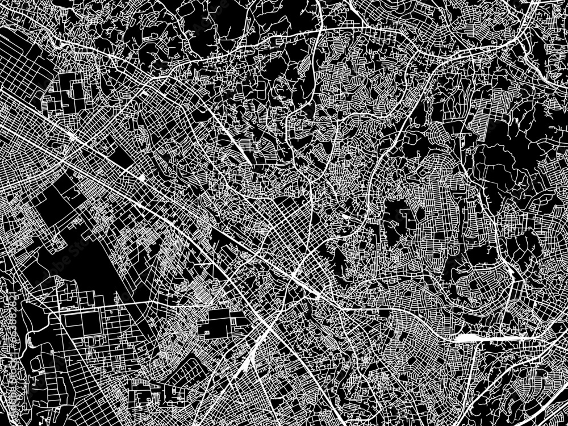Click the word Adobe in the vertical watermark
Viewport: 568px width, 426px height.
point(6,375)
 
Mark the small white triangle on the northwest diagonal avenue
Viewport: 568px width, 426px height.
point(140,178)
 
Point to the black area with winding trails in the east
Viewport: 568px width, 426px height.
point(494,170)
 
